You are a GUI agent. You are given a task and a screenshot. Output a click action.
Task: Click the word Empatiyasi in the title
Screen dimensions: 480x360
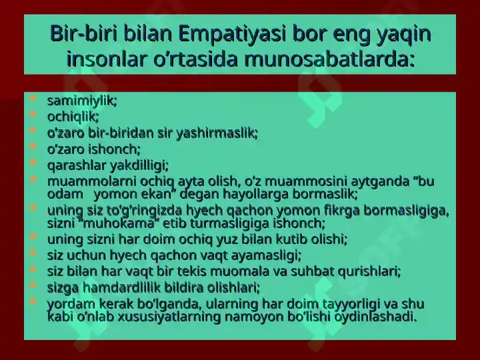click(x=232, y=34)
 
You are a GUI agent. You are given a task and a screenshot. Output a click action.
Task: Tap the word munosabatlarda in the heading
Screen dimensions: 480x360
click(x=329, y=59)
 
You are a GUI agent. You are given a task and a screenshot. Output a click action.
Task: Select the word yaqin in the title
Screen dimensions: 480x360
click(x=404, y=34)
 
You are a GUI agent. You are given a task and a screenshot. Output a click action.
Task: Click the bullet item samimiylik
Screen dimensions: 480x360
click(x=82, y=101)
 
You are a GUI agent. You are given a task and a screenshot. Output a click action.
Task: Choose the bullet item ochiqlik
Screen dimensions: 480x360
click(x=73, y=117)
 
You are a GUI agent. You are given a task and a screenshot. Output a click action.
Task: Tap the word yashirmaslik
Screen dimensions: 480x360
click(x=217, y=133)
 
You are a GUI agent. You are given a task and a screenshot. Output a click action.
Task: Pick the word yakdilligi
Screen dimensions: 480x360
click(x=139, y=165)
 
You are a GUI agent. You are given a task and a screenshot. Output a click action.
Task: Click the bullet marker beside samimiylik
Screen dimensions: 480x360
click(x=33, y=99)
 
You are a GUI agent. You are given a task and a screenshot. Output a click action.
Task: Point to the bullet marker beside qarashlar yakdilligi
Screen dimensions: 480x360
click(x=33, y=162)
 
